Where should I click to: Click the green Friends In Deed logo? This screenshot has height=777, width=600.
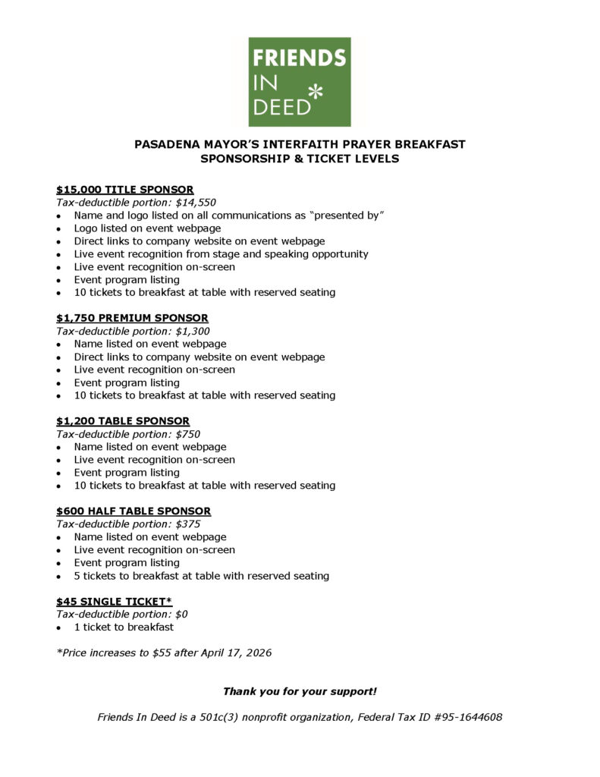300,82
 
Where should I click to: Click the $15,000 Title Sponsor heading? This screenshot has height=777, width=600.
124,189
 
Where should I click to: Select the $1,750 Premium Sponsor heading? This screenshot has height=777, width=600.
132,318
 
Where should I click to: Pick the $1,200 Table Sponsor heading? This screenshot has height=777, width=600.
123,421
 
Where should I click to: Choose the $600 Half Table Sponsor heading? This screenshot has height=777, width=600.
134,511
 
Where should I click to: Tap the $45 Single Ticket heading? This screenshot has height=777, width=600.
115,602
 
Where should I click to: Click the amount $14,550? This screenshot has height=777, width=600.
196,203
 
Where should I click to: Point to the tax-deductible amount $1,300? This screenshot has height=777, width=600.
193,331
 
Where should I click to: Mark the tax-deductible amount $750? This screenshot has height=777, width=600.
188,434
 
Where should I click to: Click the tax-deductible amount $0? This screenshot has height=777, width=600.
181,615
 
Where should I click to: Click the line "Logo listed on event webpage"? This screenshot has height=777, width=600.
148,228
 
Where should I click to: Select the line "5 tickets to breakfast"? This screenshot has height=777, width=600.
202,576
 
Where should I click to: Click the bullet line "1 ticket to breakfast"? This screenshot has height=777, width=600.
124,628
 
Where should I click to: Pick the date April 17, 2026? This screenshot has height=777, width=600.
232,653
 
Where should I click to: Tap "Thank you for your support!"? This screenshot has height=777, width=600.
300,691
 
